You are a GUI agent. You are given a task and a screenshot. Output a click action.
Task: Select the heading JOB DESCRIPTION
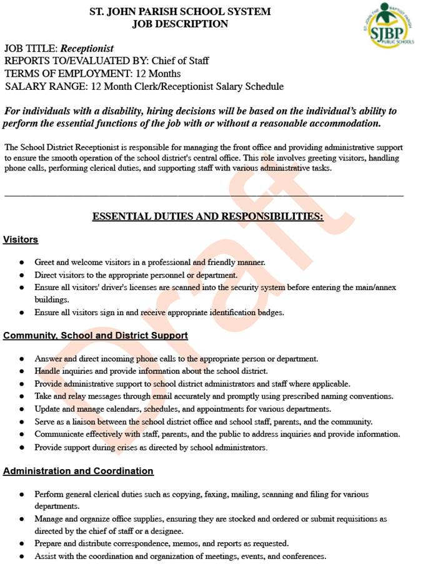tap(180, 24)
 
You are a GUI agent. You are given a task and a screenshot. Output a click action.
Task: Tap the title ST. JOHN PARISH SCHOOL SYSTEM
tap(181, 11)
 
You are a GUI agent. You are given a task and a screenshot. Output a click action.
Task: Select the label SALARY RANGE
tap(45, 87)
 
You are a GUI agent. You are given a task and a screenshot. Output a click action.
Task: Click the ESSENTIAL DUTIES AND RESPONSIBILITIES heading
tap(207, 216)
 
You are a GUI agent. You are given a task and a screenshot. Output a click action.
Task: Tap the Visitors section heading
tap(21, 240)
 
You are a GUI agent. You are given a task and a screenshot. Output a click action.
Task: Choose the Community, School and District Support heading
tap(96, 336)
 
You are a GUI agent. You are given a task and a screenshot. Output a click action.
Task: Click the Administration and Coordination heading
tap(78, 471)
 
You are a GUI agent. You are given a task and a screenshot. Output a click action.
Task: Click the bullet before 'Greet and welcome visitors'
tap(22, 263)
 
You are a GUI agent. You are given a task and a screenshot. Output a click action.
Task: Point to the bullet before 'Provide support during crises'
tap(22, 447)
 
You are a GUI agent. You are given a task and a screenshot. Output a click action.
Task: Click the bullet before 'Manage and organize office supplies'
tap(22, 519)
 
